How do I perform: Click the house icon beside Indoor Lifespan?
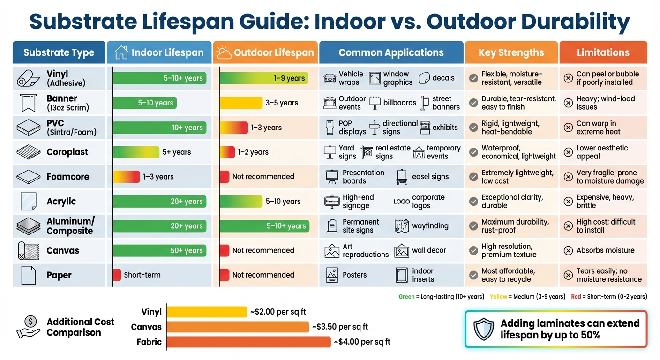point(121,52)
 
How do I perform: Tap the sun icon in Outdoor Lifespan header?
point(224,52)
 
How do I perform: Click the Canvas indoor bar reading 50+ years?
point(159,250)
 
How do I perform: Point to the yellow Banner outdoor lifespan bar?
point(241,103)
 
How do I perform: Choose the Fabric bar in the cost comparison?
point(248,342)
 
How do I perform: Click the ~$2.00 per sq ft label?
point(278,312)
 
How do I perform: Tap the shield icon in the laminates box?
point(483,329)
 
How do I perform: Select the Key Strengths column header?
point(511,52)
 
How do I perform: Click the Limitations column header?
point(603,52)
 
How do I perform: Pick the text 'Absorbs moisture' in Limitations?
point(605,250)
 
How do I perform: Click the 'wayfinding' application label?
point(430,226)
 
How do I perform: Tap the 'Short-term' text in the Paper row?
point(142,275)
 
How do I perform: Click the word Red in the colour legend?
point(576,296)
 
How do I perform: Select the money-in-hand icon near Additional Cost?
point(30,327)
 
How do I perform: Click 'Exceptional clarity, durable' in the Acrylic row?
point(512,201)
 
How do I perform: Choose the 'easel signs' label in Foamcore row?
point(430,177)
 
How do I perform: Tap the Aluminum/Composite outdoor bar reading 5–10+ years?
point(264,226)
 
